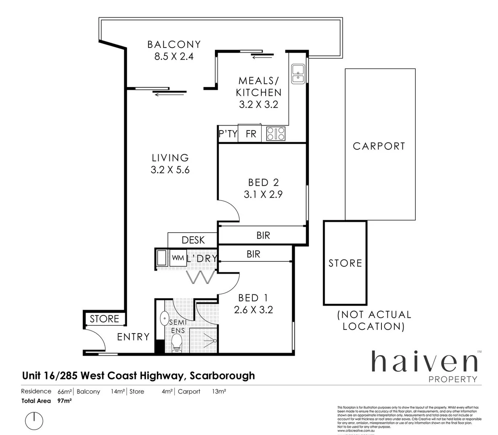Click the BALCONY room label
[x=174, y=44]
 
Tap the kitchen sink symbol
[x=298, y=74]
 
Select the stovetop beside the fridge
[x=276, y=133]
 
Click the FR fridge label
[x=251, y=134]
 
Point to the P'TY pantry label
[x=228, y=134]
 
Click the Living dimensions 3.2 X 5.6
[x=170, y=170]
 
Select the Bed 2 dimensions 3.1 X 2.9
[x=263, y=195]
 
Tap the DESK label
[x=193, y=240]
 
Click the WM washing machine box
[x=178, y=258]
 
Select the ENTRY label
[x=133, y=337]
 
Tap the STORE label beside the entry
[x=104, y=319]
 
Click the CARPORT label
[x=379, y=146]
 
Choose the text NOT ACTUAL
[x=374, y=315]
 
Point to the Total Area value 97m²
[x=65, y=401]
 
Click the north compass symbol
[x=34, y=421]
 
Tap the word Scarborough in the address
[x=222, y=376]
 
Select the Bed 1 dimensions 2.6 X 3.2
[x=253, y=310]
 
